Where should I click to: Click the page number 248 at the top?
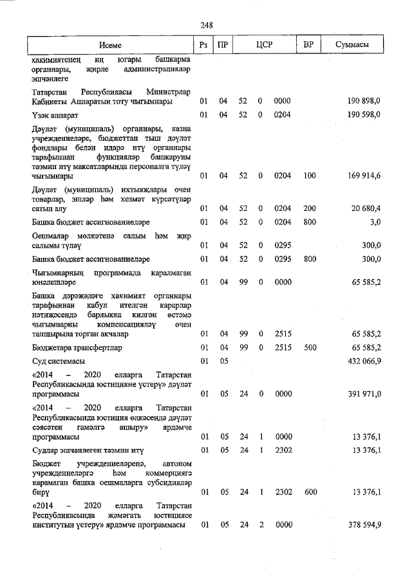(207, 25)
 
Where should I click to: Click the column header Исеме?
(110, 46)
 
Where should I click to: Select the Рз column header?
(203, 46)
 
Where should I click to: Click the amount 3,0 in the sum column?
(375, 222)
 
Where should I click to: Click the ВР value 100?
(309, 175)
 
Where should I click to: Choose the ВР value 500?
(309, 348)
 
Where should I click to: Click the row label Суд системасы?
(59, 361)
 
